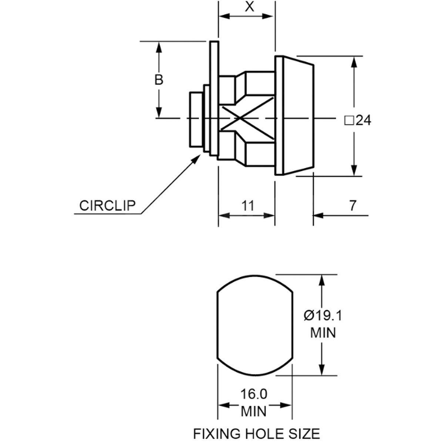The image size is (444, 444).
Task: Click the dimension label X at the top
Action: coord(250,6)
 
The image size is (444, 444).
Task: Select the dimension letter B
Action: coord(159,80)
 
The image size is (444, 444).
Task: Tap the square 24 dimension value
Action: coord(357,120)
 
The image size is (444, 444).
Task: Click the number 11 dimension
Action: coord(248,205)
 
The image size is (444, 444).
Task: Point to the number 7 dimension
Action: coord(353,205)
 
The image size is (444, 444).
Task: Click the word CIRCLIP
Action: coord(108,205)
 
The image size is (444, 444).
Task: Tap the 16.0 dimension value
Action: coord(254,394)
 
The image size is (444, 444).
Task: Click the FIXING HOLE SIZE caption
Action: coord(256,433)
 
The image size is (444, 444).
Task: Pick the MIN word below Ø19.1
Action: coord(323,333)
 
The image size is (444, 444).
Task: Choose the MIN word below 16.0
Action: coord(254,411)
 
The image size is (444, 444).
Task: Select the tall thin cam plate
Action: coord(213,98)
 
